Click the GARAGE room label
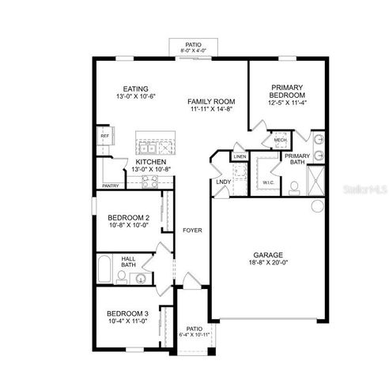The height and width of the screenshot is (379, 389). tap(268, 255)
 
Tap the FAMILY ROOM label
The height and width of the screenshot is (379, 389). tap(211, 102)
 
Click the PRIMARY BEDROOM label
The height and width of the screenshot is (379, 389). tap(288, 92)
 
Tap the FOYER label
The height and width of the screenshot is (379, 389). tap(191, 231)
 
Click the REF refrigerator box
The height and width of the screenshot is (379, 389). tap(104, 137)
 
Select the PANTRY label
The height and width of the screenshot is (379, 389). tap(110, 186)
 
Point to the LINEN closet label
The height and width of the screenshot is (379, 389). tap(240, 158)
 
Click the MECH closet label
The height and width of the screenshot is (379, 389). tap(280, 140)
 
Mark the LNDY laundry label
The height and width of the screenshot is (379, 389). tap(223, 182)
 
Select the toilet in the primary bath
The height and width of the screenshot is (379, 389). tap(293, 186)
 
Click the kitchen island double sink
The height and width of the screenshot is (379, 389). tap(147, 147)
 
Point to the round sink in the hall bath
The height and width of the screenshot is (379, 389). tap(142, 277)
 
